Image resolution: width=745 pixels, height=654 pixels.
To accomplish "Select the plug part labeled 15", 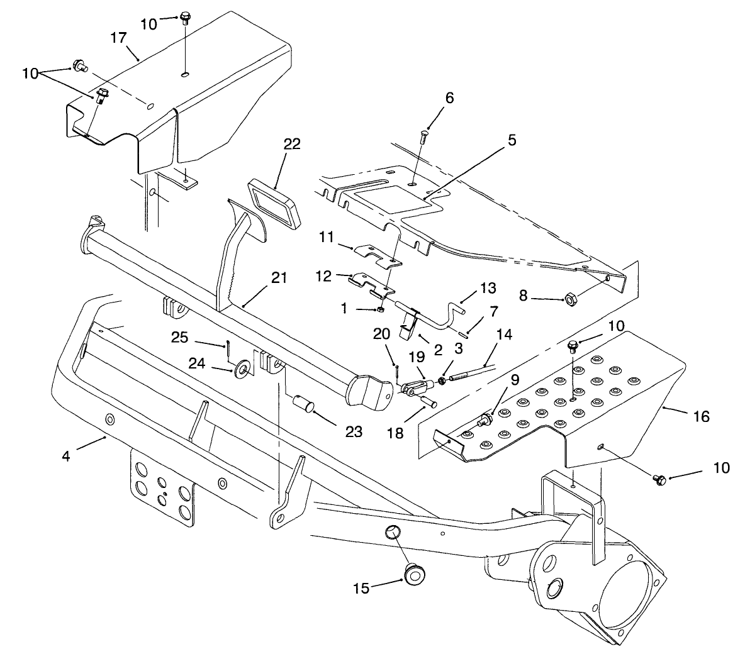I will [413, 574].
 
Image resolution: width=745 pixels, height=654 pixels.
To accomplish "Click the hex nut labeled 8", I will [571, 297].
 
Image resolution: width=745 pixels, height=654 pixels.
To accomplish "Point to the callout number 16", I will [701, 416].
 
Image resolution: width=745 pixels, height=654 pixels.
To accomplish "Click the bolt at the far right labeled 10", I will [659, 480].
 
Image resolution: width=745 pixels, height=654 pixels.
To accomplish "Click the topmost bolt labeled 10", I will [185, 17].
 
